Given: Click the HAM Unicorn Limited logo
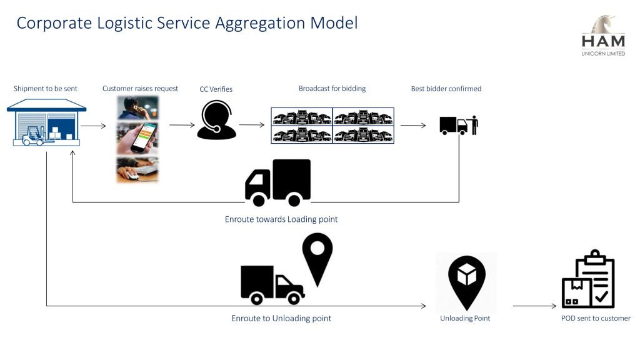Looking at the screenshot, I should (x=603, y=36).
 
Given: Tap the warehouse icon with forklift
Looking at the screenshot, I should (x=46, y=123).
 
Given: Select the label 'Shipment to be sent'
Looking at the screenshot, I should (x=46, y=89).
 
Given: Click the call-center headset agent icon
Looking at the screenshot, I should (x=216, y=120).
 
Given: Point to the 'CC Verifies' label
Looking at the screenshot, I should (x=216, y=89).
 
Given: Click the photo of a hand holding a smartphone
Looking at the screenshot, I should (x=137, y=138).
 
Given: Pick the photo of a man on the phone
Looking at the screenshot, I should (x=137, y=107).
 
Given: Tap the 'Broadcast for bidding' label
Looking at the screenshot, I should (x=332, y=89).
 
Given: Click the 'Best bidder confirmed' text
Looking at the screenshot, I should (x=446, y=89).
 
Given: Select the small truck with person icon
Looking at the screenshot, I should (x=459, y=126).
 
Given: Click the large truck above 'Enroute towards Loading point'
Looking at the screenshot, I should (x=278, y=182).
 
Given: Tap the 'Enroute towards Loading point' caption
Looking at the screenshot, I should (x=281, y=219).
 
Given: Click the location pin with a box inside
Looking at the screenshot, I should (x=467, y=282).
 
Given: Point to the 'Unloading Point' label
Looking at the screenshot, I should (x=465, y=318).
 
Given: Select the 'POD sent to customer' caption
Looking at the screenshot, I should (x=596, y=318).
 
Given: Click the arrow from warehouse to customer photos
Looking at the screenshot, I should (x=93, y=126).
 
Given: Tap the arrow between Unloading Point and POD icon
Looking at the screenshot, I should (x=534, y=306).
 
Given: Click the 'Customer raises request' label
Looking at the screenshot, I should (x=140, y=89).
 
